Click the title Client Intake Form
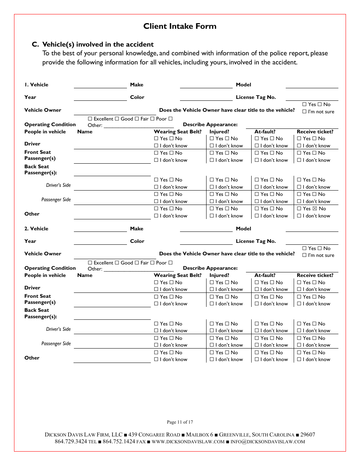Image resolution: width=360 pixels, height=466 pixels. tap(180, 26)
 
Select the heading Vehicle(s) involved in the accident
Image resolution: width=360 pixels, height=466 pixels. tap(98, 44)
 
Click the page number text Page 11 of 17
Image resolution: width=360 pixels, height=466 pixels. tap(180, 422)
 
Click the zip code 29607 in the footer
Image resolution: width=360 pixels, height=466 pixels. tap(307, 435)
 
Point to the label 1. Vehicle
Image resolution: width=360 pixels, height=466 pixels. tap(36, 85)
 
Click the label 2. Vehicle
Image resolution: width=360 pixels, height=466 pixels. tap(36, 229)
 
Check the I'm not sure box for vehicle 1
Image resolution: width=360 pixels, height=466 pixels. tap(304, 112)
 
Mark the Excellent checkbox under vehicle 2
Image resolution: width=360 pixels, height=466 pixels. tap(90, 263)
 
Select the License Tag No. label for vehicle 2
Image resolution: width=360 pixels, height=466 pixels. tap(256, 241)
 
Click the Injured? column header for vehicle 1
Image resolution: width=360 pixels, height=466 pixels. tap(219, 132)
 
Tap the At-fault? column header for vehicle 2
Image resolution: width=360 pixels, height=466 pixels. tap(265, 275)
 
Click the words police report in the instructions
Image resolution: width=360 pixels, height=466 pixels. tap(289, 53)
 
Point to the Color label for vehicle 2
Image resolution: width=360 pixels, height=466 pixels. tap(137, 241)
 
